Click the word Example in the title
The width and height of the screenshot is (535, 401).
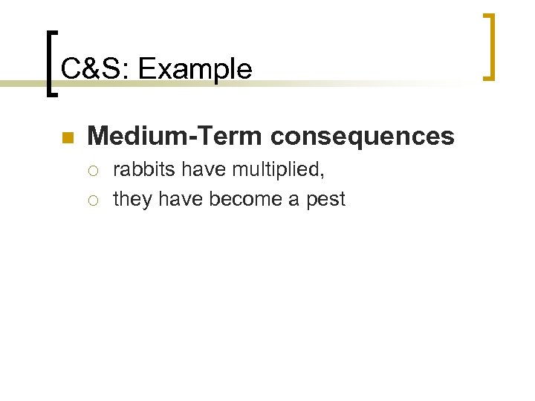point(195,70)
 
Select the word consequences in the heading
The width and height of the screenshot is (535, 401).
point(363,136)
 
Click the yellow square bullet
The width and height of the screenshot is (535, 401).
point(67,137)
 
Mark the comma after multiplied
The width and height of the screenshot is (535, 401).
point(322,175)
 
